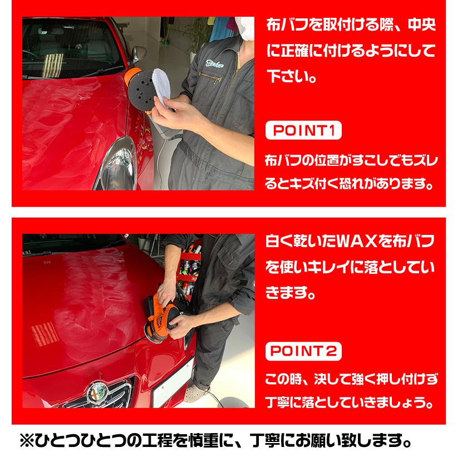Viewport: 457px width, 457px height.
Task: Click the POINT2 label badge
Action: click(303, 351)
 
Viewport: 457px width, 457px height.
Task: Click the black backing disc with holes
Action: click(139, 87)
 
